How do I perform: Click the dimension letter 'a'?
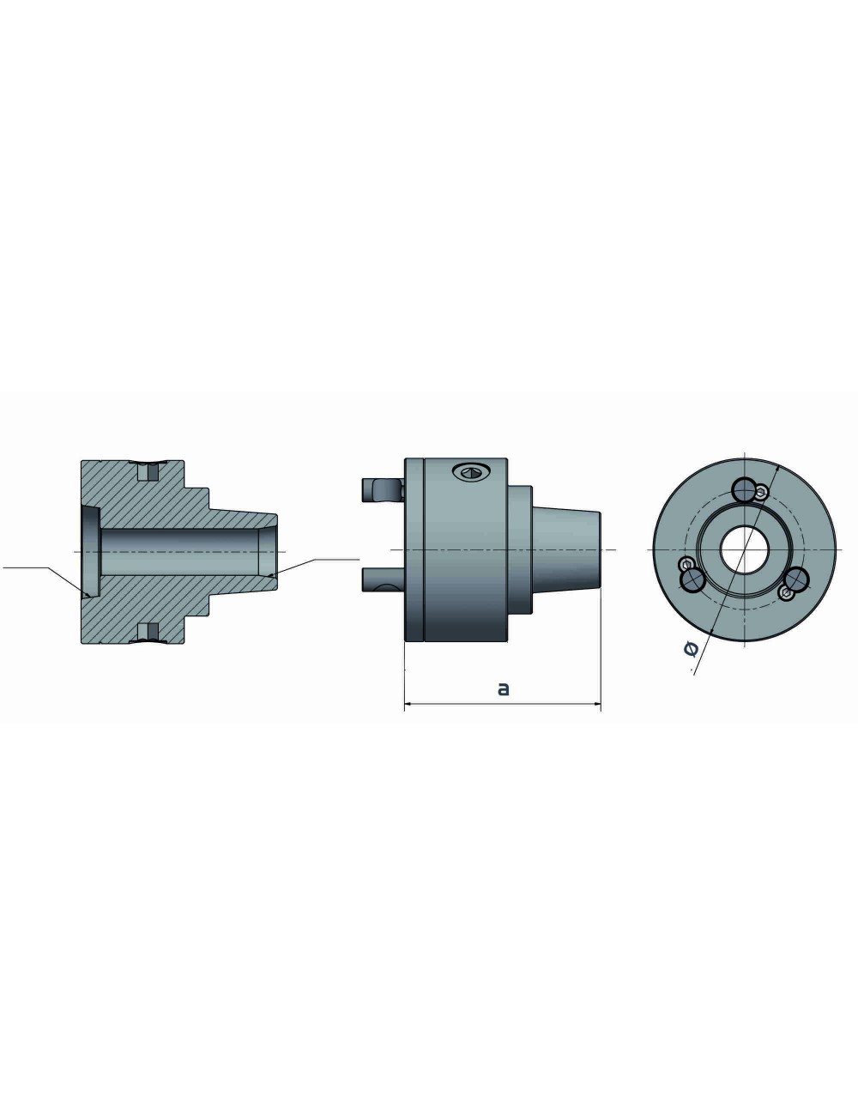pos(504,688)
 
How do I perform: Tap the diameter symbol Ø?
pos(692,650)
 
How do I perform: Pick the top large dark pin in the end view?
pos(743,488)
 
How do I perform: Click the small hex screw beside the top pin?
pos(761,491)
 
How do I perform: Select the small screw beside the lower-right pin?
pos(786,593)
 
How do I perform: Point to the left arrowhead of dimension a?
pos(408,705)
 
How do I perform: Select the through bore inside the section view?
pos(180,550)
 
